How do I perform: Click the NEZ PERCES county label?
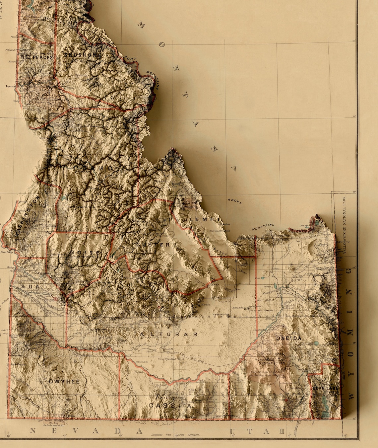[x=36, y=57]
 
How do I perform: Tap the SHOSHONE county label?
[x=82, y=55]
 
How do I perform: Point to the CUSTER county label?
[x=153, y=245]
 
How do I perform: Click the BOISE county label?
[x=85, y=253]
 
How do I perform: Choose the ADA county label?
[x=30, y=286]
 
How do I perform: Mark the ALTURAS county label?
[x=169, y=334]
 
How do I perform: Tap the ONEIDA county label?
[x=289, y=338]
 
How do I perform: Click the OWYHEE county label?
[x=64, y=382]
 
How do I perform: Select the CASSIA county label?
[x=170, y=406]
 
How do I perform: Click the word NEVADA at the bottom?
[x=86, y=431]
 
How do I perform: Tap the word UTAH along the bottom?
[x=257, y=431]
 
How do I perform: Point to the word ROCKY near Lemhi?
[x=235, y=201]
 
